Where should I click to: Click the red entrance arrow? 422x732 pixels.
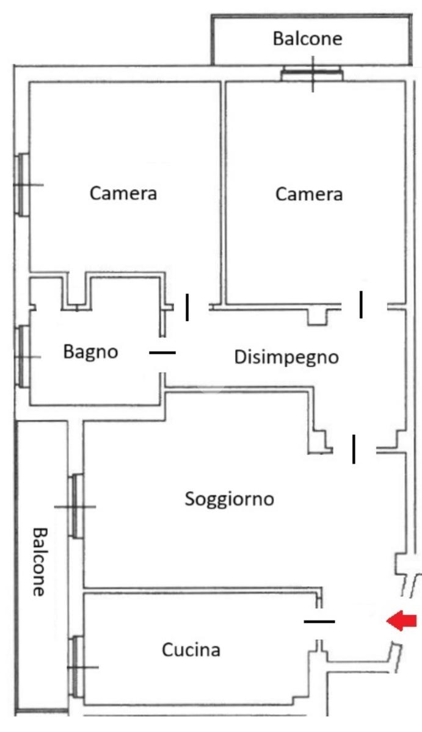point(402,621)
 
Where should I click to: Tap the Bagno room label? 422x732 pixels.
point(90,352)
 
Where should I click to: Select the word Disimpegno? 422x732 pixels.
point(286,357)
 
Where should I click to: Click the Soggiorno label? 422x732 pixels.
point(229,499)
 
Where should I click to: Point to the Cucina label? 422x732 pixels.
point(191,650)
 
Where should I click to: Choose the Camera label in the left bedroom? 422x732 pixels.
point(123,194)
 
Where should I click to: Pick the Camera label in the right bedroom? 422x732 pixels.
point(309,195)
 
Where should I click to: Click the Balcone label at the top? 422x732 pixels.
point(307,39)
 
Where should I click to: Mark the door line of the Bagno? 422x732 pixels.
point(162,353)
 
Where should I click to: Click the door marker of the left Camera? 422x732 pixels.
point(187,307)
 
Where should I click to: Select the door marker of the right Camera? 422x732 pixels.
point(361,304)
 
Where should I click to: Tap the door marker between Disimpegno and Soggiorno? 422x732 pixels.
point(354,449)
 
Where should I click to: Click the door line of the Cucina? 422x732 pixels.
point(319,622)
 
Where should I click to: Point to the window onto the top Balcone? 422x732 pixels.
point(313,74)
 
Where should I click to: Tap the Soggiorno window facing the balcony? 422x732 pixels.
point(76,506)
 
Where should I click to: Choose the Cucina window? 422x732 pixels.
point(76,667)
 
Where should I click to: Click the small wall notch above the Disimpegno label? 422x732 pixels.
point(318,317)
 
